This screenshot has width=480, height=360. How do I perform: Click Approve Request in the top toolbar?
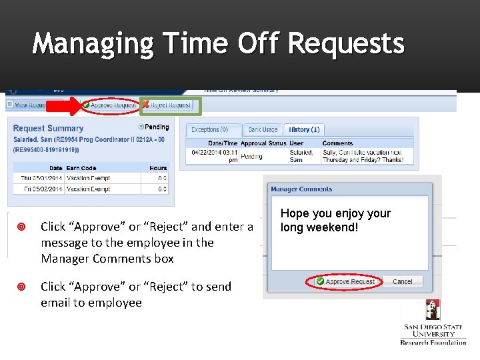(x=109, y=105)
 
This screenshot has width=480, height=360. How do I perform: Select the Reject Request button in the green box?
(x=167, y=105)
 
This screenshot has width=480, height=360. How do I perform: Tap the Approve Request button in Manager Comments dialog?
(x=345, y=281)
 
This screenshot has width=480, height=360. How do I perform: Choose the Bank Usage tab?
(x=263, y=129)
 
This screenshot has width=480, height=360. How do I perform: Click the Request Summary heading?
(x=48, y=128)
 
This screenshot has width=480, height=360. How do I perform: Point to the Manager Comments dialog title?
(x=301, y=189)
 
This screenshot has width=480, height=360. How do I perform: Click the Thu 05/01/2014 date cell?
(x=41, y=178)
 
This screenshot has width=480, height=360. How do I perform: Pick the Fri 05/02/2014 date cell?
(x=42, y=189)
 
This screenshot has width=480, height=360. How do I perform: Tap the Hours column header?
(x=158, y=168)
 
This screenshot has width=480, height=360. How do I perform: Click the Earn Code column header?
(x=81, y=168)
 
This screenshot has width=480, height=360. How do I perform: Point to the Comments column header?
(x=337, y=143)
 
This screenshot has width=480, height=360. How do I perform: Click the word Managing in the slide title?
(x=93, y=44)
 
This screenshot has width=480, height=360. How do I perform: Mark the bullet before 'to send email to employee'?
(x=22, y=287)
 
